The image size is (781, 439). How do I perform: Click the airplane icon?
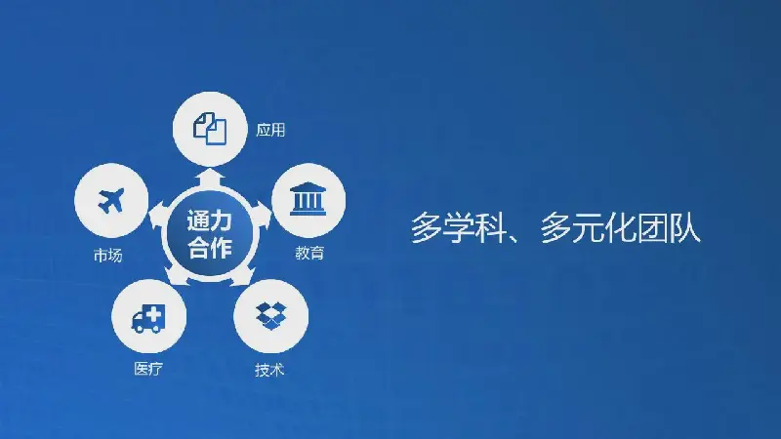[111, 201]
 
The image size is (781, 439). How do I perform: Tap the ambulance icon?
[147, 319]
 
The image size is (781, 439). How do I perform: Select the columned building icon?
[308, 200]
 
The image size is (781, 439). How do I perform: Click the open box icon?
[271, 316]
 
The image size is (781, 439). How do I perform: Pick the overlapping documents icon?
[210, 129]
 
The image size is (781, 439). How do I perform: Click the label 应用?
[270, 130]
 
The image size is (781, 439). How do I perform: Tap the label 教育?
[309, 253]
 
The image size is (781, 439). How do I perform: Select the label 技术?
[269, 370]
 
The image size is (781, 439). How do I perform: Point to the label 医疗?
[148, 369]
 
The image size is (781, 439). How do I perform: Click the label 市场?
[107, 255]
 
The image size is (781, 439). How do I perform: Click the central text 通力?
[210, 220]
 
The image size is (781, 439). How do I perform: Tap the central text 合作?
[210, 247]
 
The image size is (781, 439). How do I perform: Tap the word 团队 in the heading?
[670, 228]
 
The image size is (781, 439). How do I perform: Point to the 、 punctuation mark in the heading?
[518, 236]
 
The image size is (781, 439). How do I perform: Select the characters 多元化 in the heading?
[588, 228]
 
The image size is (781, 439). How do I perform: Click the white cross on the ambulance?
[154, 314]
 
